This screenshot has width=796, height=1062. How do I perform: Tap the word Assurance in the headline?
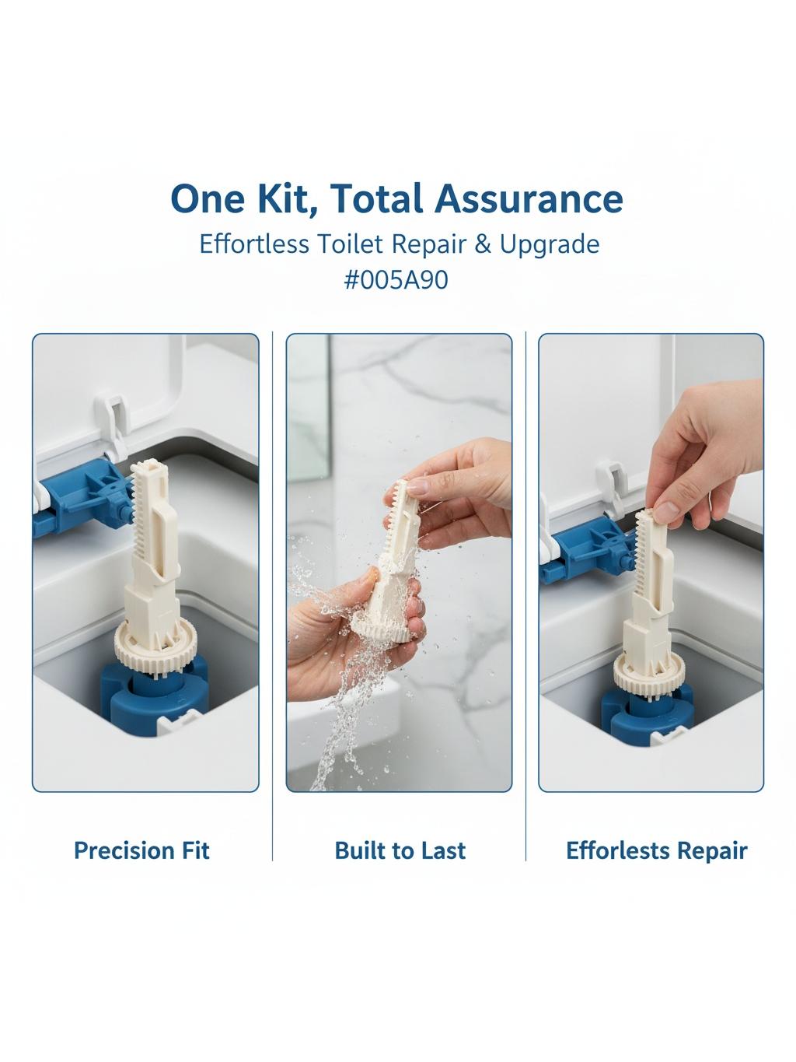[x=529, y=199]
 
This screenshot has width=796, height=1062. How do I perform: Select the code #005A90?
[x=396, y=279]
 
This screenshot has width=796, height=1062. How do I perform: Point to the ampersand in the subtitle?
[x=482, y=244]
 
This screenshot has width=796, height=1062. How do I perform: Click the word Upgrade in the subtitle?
[x=549, y=245]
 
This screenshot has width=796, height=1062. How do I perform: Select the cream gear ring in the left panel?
[x=155, y=640]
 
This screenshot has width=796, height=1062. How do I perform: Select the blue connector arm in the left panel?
[x=82, y=499]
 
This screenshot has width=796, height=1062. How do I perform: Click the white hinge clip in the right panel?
[x=614, y=486]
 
